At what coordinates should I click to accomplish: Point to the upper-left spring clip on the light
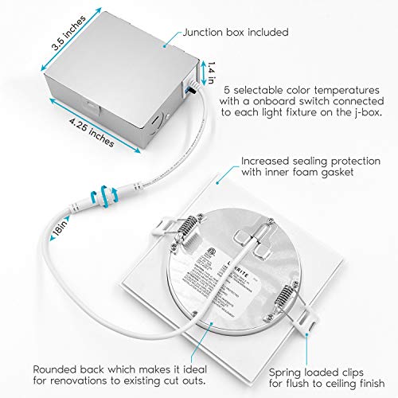[x=185, y=228]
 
